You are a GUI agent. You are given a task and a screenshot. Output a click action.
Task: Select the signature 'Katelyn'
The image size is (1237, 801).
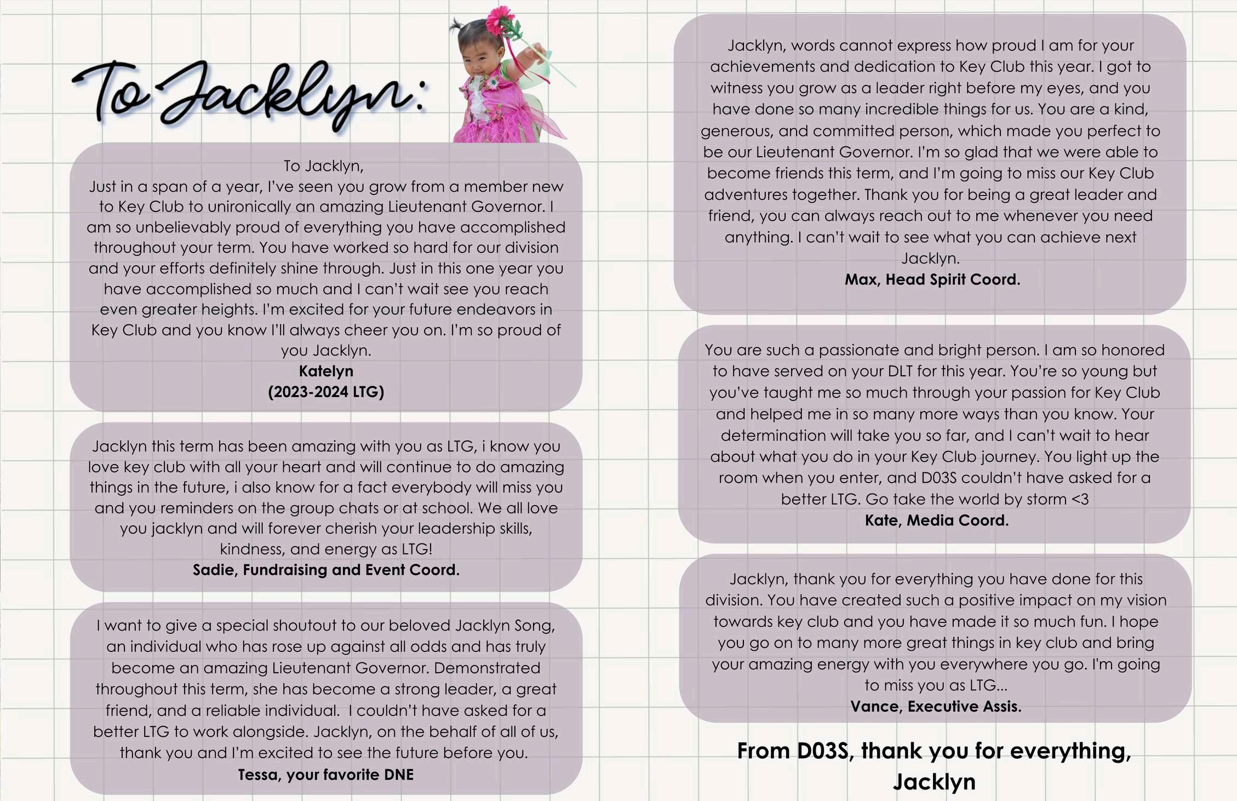click(326, 371)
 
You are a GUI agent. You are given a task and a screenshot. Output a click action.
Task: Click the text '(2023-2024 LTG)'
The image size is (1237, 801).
click(326, 392)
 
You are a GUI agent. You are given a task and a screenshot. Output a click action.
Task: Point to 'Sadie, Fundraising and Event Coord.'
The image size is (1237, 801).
click(326, 570)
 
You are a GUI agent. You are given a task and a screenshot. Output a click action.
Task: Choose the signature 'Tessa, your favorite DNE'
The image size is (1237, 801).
click(326, 775)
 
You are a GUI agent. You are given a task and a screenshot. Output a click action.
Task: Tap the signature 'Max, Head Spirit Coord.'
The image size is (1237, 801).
click(932, 280)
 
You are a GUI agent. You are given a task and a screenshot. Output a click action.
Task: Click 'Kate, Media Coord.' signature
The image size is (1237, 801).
click(937, 520)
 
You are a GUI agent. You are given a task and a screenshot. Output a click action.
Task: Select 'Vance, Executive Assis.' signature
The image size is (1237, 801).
click(936, 707)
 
